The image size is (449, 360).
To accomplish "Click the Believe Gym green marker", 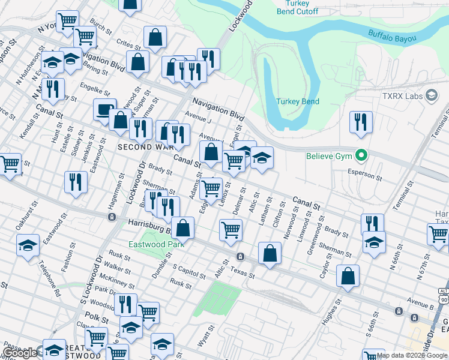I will click(361, 156).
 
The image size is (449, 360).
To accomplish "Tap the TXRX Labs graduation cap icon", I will click(431, 95).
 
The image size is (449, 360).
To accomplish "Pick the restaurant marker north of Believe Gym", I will click(361, 121).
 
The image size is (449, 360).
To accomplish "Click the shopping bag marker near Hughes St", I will click(348, 277).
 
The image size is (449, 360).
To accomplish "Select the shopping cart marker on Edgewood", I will click(211, 188).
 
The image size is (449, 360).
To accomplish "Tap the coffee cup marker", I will click(105, 110).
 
